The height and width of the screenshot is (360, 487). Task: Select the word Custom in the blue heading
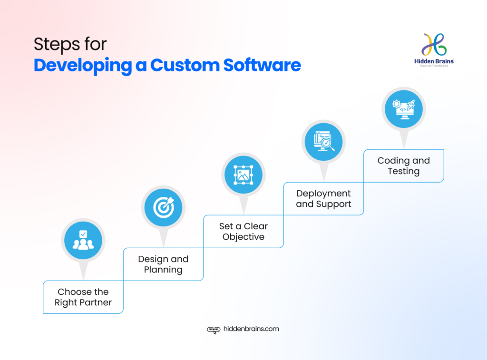coord(180,65)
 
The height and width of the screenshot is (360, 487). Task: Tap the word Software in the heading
coord(261,65)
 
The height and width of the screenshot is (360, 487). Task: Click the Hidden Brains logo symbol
coord(434,45)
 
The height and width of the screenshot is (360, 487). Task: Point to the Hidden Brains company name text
coord(434,61)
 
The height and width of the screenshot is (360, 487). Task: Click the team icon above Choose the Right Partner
coord(83,240)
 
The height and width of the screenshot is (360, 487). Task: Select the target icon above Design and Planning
coord(163,207)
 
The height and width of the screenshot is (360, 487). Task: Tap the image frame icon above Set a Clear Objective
coord(243,175)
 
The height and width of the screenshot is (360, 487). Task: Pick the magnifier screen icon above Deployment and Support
coord(323,142)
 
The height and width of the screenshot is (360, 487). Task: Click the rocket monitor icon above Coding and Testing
coord(403,109)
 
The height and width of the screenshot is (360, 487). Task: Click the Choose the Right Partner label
coord(83,297)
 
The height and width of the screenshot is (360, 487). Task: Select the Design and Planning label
coord(163,264)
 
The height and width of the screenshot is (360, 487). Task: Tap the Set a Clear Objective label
coord(243,232)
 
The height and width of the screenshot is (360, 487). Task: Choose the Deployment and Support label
coord(323,199)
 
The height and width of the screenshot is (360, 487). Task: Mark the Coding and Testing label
coord(403,166)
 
